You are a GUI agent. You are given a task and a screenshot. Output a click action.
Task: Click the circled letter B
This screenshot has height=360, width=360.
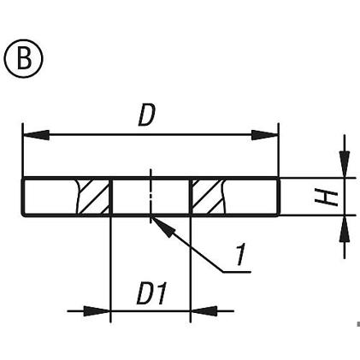[24, 59]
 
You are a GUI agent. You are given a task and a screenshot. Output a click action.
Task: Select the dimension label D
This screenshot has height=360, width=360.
[147, 115]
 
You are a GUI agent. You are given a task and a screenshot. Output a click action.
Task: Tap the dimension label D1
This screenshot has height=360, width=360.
[151, 293]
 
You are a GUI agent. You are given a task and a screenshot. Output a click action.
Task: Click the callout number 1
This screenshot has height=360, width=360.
[240, 254]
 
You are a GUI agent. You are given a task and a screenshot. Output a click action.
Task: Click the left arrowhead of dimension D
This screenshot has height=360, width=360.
[36, 135]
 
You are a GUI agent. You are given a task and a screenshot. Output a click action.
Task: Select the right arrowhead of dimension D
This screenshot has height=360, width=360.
[264, 135]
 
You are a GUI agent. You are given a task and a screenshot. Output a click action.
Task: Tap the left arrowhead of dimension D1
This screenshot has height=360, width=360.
[97, 311]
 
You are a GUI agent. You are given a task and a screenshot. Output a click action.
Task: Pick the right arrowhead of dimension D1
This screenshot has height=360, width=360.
[204, 311]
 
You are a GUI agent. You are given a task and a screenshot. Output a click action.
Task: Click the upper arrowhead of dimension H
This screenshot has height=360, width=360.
[345, 164]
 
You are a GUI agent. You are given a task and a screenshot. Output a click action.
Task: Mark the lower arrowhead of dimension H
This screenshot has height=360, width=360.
[345, 228]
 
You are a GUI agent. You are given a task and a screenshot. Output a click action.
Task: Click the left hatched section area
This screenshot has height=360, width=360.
[93, 197]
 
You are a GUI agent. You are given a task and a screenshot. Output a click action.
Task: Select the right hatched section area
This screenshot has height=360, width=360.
[209, 197]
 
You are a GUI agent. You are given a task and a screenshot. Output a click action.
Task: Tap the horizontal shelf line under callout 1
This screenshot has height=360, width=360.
[237, 272]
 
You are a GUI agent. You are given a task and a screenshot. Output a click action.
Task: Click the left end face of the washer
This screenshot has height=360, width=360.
[23, 197]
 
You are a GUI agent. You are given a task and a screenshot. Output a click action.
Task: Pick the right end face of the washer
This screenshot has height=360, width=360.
[279, 197]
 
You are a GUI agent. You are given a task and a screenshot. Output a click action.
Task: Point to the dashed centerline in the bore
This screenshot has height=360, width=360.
[150, 196]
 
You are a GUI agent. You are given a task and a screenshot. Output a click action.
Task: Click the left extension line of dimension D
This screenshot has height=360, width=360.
[22, 150]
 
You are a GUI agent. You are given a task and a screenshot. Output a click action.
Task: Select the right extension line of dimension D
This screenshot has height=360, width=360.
[279, 150]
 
